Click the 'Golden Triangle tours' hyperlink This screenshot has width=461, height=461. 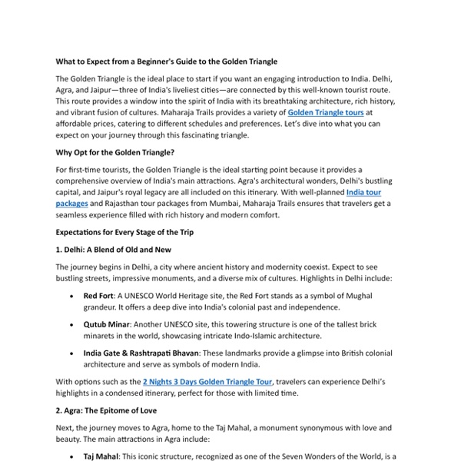tap(327, 112)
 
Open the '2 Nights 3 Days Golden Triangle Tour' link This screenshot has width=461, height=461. tap(208, 381)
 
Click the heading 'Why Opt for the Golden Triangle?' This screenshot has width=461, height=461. tap(115, 152)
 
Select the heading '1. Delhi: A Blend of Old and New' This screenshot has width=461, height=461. tap(113, 250)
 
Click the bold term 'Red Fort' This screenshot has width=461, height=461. tap(98, 296)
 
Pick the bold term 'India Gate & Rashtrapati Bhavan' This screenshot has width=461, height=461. tap(141, 353)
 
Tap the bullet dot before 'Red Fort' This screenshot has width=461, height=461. tap(71, 296)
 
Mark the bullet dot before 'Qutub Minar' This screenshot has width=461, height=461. tap(71, 324)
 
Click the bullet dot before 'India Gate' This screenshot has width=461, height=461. tap(71, 353)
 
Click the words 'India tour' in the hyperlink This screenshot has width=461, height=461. tap(363, 192)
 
